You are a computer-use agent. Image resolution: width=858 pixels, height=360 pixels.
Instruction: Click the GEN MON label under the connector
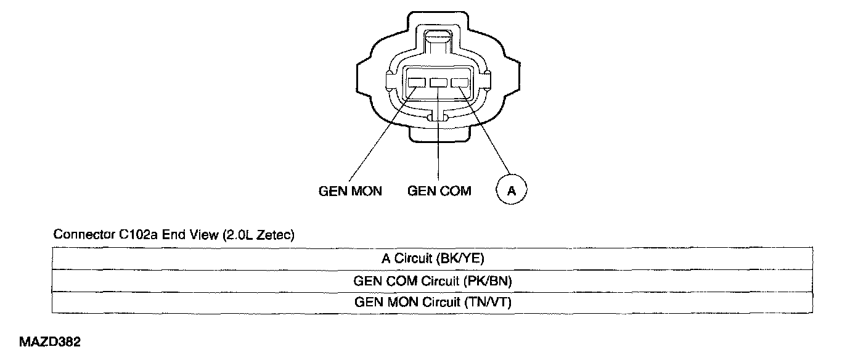pos(350,191)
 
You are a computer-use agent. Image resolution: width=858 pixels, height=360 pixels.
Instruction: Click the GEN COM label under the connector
pos(439,190)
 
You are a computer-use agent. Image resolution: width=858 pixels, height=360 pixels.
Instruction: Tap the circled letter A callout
pos(512,190)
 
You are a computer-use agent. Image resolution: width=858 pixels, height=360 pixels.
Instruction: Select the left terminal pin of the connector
pos(417,83)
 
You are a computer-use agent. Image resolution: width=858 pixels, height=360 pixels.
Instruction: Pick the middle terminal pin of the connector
pos(438,83)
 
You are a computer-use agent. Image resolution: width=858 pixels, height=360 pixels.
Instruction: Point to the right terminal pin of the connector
pos(460,83)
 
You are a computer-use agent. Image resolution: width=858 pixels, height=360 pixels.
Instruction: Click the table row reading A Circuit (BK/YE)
pos(433,258)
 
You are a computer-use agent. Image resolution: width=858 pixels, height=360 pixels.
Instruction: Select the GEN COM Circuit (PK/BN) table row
pos(433,281)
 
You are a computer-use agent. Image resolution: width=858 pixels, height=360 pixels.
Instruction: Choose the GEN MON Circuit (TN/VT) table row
pos(433,303)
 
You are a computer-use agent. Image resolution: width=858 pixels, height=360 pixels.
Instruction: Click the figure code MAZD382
pos(50,342)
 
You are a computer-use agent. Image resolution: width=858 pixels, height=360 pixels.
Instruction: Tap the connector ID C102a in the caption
pos(138,234)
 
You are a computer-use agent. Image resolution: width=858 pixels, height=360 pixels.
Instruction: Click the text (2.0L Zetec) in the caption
pos(258,235)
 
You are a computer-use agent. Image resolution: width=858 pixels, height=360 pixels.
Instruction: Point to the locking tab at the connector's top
pos(438,44)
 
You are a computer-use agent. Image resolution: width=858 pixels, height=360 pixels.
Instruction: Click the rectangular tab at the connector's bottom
pos(439,133)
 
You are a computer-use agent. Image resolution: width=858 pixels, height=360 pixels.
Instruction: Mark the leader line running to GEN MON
pos(382,134)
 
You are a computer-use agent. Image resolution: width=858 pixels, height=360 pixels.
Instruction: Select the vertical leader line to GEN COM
pos(438,134)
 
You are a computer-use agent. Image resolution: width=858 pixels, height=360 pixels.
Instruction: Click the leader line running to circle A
pos(484,131)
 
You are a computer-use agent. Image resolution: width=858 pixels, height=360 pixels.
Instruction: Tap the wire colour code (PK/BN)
pos(487,282)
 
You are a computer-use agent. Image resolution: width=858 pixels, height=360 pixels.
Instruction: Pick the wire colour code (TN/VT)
pos(488,303)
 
